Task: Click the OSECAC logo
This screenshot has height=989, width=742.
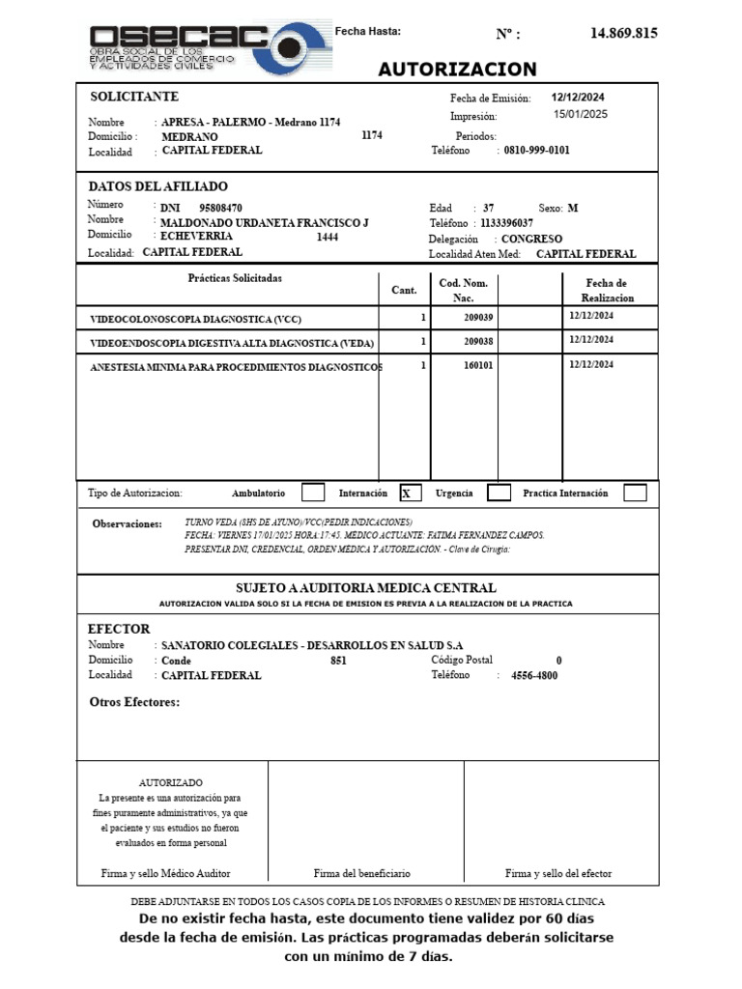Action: click(209, 46)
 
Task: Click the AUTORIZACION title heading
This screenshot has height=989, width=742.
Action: click(457, 70)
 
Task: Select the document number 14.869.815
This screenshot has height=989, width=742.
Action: click(623, 33)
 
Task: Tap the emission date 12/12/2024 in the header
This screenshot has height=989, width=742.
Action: click(578, 98)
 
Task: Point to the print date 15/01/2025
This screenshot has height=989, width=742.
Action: click(580, 114)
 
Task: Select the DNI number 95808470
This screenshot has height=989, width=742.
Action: click(220, 208)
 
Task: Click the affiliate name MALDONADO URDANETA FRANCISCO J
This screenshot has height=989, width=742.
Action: click(264, 222)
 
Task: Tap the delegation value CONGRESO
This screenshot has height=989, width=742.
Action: click(531, 239)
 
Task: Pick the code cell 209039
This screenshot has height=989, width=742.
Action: click(478, 317)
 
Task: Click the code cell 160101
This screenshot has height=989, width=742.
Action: click(478, 366)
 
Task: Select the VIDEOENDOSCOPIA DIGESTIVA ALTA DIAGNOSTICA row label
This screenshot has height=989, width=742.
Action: click(232, 343)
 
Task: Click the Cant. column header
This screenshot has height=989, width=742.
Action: click(404, 290)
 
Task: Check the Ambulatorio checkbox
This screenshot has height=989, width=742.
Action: click(313, 493)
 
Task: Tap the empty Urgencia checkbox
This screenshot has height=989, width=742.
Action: click(499, 493)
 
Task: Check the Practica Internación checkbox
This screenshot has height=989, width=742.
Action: click(635, 493)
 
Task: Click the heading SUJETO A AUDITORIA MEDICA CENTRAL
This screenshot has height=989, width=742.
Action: click(366, 587)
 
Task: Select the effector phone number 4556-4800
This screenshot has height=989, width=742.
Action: click(533, 675)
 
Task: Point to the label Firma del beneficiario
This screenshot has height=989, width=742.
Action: click(362, 873)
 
